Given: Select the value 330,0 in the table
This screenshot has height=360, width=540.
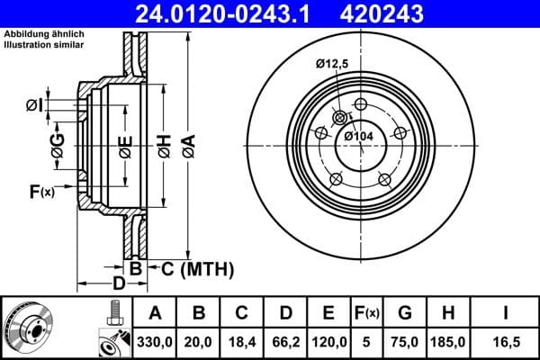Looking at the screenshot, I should tap(155, 342).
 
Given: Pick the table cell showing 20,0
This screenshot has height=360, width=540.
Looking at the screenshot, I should tap(199, 342).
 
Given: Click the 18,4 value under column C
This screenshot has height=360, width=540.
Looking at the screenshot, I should tap(242, 342).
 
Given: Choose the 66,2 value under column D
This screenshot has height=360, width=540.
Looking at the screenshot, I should tap(285, 342).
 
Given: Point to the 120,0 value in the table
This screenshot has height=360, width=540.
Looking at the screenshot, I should tap(328, 342).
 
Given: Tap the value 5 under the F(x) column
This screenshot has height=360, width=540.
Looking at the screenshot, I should tap(366, 342).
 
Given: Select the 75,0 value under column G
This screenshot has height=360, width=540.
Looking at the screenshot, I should tap(405, 342).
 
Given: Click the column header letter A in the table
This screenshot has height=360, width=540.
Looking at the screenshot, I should tap(155, 313).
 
